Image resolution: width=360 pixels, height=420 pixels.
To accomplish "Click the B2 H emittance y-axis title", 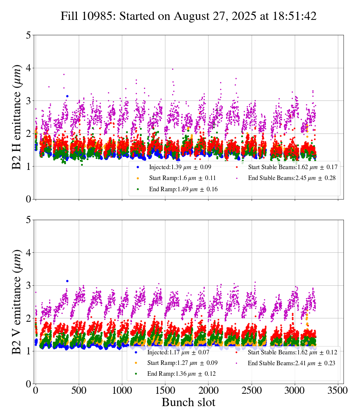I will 17,117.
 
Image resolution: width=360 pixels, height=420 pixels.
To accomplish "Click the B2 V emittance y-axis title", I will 17,301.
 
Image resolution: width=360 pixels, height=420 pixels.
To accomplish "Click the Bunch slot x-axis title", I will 189,402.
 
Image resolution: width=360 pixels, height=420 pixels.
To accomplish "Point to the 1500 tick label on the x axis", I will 165,390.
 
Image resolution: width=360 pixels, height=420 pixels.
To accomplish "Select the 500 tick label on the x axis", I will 79,390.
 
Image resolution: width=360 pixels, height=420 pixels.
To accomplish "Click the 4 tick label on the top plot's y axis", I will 28,68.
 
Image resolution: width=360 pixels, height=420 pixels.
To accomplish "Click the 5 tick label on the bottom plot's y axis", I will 28,220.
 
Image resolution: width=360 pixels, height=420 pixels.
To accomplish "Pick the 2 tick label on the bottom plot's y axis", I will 28,318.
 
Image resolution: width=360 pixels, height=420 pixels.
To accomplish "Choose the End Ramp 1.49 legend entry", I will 178,189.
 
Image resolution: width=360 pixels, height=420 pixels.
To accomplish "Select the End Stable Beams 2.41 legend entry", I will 286,363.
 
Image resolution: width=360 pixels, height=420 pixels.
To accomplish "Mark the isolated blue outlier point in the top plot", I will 67,96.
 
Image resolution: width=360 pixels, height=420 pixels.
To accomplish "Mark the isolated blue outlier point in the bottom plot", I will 67,281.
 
